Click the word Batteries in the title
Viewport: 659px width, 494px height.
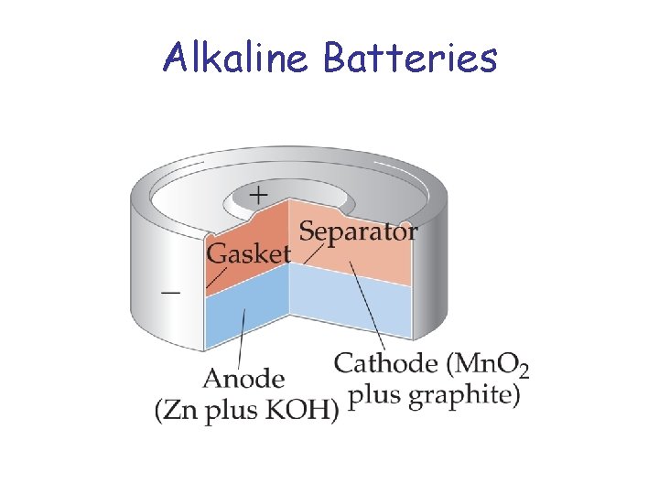tap(410, 58)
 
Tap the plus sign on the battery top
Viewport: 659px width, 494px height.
tap(259, 195)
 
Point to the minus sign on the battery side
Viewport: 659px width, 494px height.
tap(170, 292)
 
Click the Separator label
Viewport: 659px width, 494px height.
tap(359, 231)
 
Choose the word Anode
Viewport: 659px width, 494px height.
tap(244, 378)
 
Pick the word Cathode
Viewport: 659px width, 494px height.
tap(385, 363)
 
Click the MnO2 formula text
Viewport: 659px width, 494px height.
tap(491, 364)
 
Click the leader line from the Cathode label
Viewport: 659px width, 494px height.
tap(366, 306)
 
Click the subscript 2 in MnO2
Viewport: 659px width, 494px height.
tap(523, 370)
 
